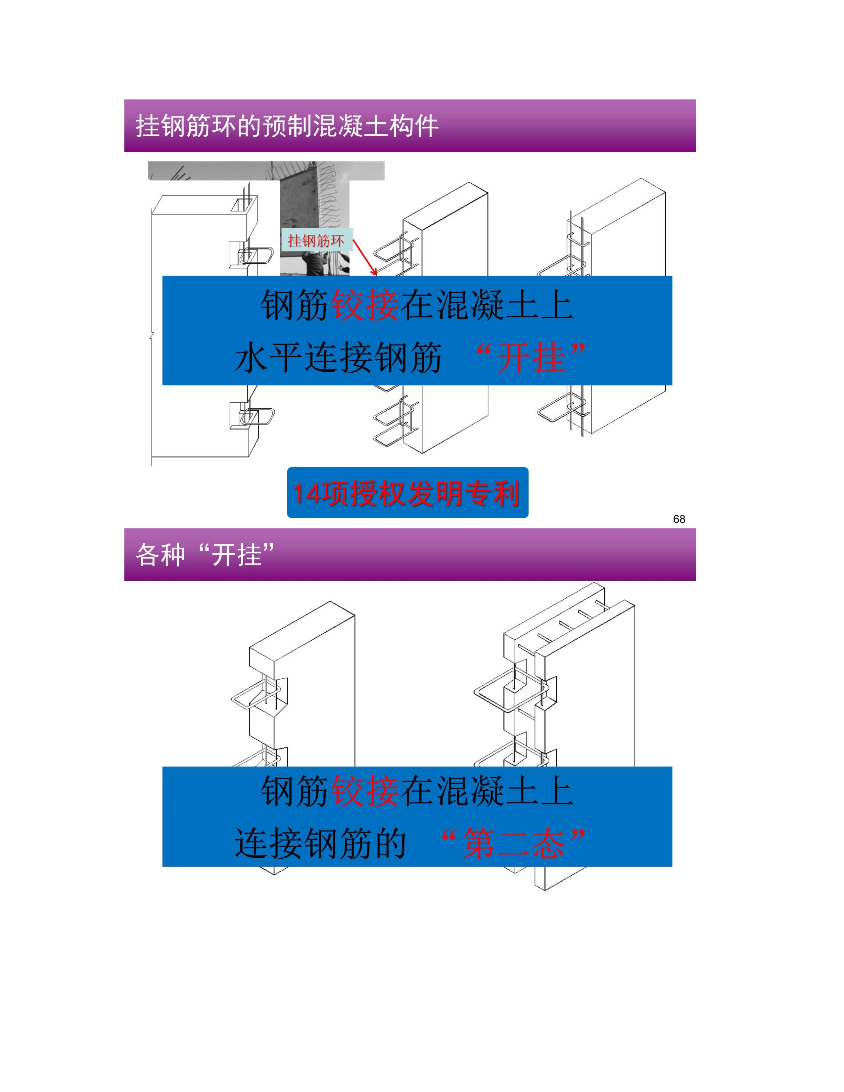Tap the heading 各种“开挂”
[205, 555]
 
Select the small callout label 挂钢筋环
[316, 241]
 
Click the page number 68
[679, 519]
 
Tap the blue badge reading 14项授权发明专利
[407, 492]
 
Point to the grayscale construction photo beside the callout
[314, 218]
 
